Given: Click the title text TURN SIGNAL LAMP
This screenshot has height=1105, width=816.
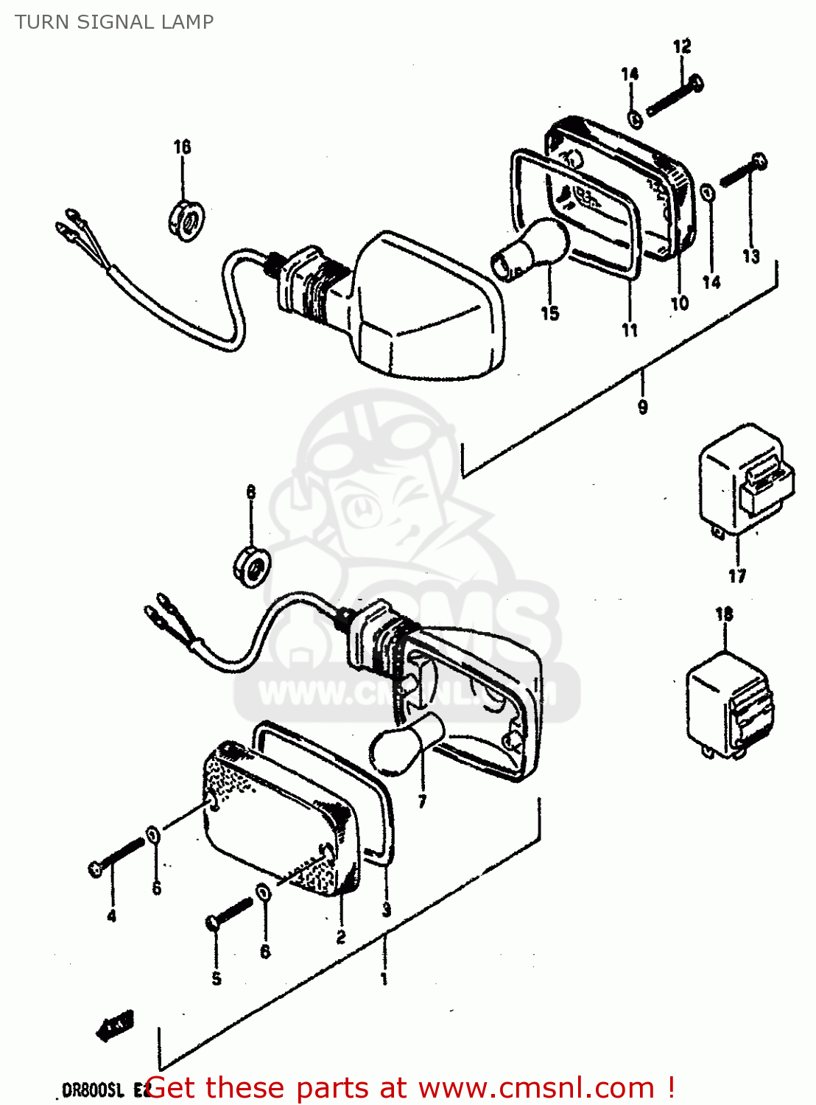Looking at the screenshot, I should [114, 22].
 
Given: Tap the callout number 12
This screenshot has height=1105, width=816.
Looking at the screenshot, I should [682, 47].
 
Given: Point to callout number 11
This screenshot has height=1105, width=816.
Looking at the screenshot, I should [630, 331].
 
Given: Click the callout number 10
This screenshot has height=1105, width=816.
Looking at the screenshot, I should [679, 303].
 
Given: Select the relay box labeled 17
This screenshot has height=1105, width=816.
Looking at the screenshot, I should [745, 480].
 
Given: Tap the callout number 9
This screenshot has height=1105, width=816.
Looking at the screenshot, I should [642, 407].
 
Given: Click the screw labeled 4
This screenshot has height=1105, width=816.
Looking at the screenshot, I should [114, 858].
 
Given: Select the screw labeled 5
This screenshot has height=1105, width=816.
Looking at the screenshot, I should [229, 913].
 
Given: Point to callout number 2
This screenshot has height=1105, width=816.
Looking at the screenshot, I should [341, 937].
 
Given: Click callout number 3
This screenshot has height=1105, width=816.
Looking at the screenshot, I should [387, 911].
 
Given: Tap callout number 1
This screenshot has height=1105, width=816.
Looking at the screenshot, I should [384, 979].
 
